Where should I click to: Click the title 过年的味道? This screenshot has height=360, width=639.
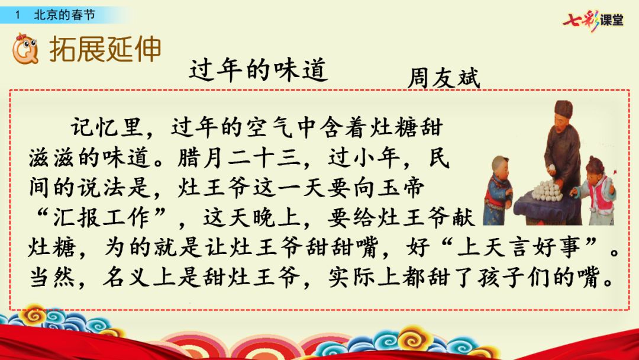pos(259,70)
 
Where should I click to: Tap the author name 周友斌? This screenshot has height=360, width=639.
pos(444,78)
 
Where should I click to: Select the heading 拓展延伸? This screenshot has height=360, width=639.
pos(105,49)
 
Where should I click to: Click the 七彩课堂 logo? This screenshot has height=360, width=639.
pos(593,20)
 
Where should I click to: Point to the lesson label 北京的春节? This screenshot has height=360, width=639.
pos(64,15)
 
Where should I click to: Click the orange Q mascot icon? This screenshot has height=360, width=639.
pos(25,49)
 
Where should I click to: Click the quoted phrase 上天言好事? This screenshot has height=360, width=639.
pos(519,247)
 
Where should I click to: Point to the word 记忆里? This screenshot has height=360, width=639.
pos(106,128)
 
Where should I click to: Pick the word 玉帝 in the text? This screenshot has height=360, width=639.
pos(401,188)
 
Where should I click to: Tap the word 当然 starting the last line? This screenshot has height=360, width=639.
pos(51,277)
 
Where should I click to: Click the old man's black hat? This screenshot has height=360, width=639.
pos(563,109)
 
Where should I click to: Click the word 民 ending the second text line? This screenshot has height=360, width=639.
pos(439,157)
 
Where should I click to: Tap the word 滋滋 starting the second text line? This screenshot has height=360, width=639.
pos(51,157)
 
